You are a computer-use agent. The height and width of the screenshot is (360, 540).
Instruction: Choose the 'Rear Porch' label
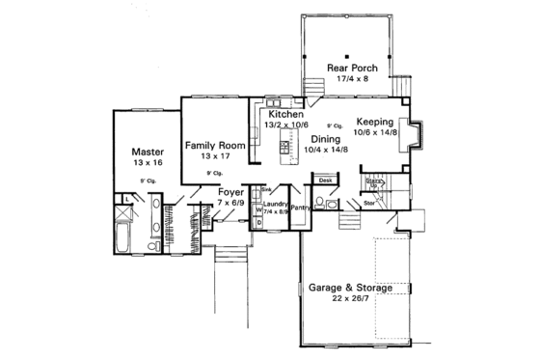pyautogui.click(x=351, y=69)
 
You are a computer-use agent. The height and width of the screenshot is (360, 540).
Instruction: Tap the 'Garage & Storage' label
pyautogui.click(x=350, y=288)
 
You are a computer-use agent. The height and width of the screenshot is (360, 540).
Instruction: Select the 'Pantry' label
pyautogui.click(x=300, y=208)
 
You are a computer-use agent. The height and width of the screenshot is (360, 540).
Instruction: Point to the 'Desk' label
pyautogui.click(x=325, y=180)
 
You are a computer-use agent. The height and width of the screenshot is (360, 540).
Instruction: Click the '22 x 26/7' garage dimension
pyautogui.click(x=350, y=299)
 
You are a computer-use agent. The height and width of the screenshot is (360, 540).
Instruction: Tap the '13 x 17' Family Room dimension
pyautogui.click(x=215, y=155)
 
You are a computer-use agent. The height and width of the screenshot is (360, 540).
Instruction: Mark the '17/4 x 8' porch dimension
pyautogui.click(x=351, y=80)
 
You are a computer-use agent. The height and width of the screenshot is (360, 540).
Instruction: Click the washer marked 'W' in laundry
pyautogui.click(x=257, y=209)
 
